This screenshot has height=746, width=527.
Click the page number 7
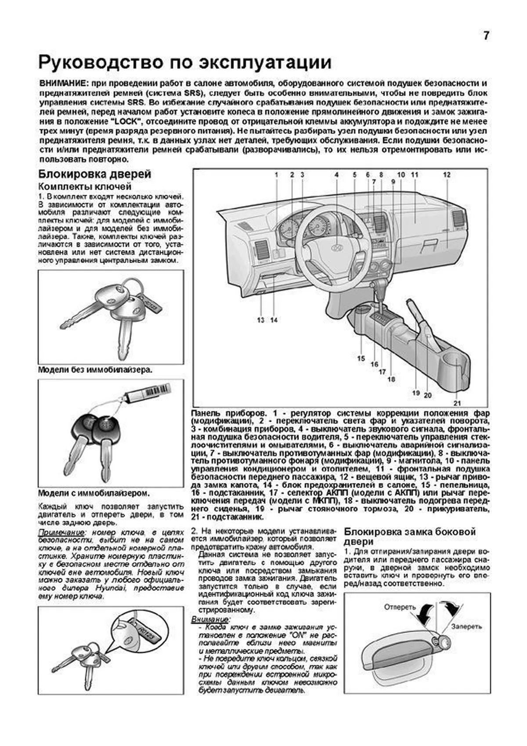tap(486, 36)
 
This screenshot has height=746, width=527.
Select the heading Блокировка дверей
tap(95, 174)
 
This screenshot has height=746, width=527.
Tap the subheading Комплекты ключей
tap(85, 187)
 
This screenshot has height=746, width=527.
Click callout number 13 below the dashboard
tap(261, 320)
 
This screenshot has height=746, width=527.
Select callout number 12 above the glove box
tap(447, 175)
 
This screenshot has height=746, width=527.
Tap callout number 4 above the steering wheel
tap(336, 175)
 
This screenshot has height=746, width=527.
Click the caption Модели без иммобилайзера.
tap(95, 369)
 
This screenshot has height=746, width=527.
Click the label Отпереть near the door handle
tap(400, 607)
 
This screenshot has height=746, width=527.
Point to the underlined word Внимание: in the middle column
tap(209, 619)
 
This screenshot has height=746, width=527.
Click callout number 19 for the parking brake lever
tap(416, 393)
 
